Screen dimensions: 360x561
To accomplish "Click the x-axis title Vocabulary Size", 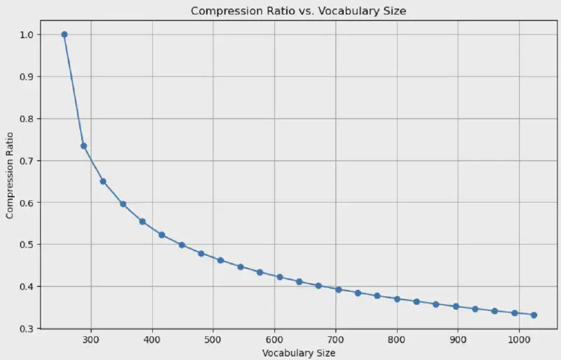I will pyautogui.click(x=299, y=353).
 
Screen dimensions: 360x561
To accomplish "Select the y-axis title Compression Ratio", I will pyautogui.click(x=11, y=181).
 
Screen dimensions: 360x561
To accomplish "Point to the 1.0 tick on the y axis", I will pyautogui.click(x=26, y=34).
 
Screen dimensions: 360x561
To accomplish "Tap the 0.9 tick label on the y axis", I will pyautogui.click(x=26, y=76).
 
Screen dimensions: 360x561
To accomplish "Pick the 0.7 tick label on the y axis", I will pyautogui.click(x=26, y=161).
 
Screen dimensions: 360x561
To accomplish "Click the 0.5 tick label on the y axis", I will pyautogui.click(x=26, y=245).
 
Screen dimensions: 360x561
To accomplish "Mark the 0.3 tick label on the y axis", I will pyautogui.click(x=26, y=328).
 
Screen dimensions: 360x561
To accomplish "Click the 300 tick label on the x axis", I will pyautogui.click(x=91, y=339).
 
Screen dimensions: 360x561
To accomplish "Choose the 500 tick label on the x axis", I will pyautogui.click(x=213, y=339).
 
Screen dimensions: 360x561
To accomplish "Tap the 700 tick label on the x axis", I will pyautogui.click(x=336, y=339).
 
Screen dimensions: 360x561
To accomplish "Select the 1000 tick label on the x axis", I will pyautogui.click(x=519, y=339).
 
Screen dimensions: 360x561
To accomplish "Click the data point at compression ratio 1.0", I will pyautogui.click(x=65, y=34).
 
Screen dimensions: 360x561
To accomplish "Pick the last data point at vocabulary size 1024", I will pyautogui.click(x=534, y=315).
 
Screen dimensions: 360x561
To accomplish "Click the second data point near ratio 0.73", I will pyautogui.click(x=83, y=146).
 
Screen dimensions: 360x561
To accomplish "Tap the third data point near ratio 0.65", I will pyautogui.click(x=103, y=181).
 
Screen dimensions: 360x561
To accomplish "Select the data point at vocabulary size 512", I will pyautogui.click(x=220, y=260).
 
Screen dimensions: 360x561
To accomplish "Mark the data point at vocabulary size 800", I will pyautogui.click(x=397, y=299).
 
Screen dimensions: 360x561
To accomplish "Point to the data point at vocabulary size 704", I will pyautogui.click(x=338, y=289).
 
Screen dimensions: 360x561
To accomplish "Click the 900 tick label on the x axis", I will pyautogui.click(x=458, y=339).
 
